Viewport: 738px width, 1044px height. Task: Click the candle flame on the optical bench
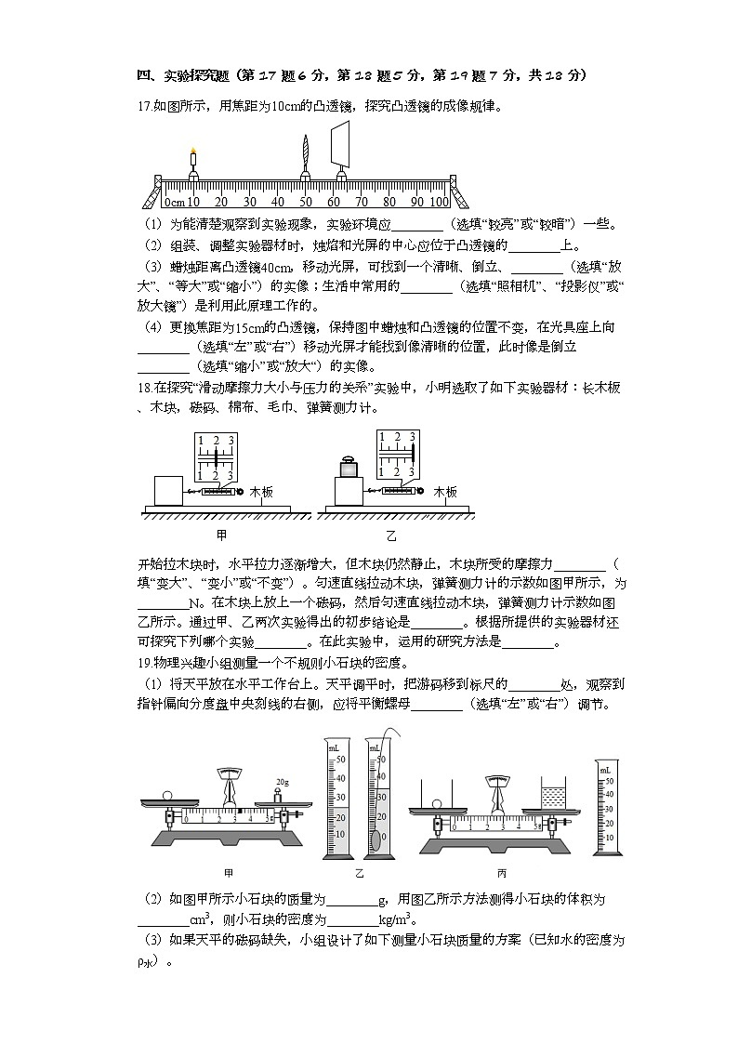(x=193, y=151)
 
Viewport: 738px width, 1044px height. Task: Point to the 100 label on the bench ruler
(x=439, y=202)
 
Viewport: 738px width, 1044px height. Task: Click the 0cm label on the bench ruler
(x=175, y=202)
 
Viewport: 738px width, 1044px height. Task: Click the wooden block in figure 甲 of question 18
(x=168, y=491)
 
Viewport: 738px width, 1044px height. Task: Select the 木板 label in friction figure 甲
(x=260, y=492)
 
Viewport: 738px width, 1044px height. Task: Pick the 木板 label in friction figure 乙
(x=445, y=492)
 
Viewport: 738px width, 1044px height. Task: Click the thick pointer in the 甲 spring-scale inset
(x=217, y=458)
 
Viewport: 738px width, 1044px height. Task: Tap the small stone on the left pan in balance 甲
(x=166, y=795)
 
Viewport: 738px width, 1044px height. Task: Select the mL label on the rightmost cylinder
(x=605, y=770)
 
